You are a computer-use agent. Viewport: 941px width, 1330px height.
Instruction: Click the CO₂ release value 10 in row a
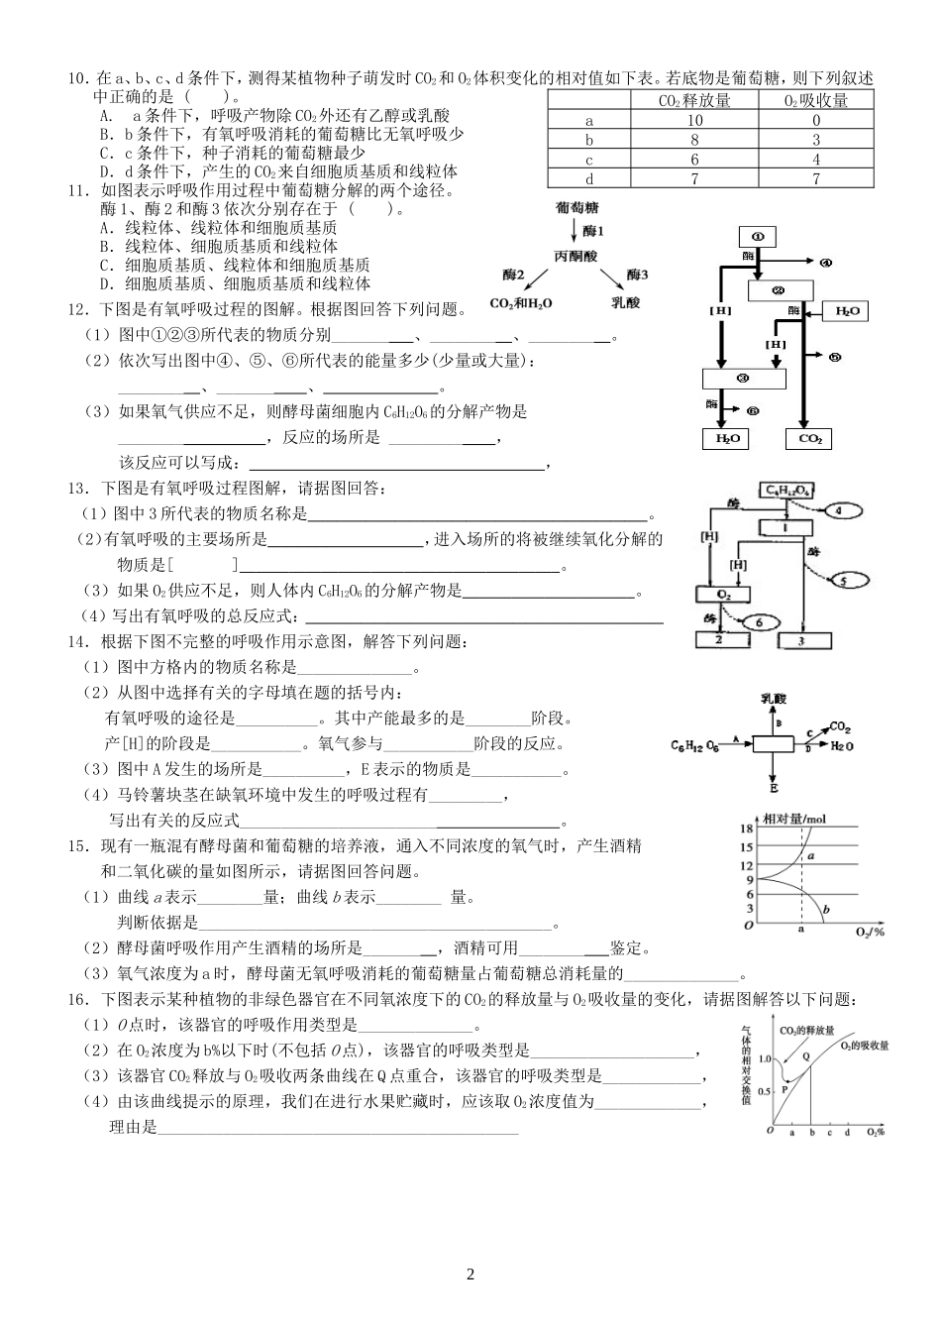[x=694, y=120]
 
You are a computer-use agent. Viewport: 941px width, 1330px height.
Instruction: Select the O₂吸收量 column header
[x=815, y=100]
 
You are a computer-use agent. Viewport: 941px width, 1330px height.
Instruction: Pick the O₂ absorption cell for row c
[x=815, y=159]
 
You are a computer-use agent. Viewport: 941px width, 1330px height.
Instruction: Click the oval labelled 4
[x=840, y=510]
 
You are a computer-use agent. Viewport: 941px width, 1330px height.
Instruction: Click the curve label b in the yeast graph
[x=825, y=910]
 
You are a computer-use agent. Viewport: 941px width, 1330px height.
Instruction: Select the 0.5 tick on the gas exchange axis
[x=763, y=1090]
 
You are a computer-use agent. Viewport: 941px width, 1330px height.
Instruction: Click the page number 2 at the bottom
[x=470, y=1275]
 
